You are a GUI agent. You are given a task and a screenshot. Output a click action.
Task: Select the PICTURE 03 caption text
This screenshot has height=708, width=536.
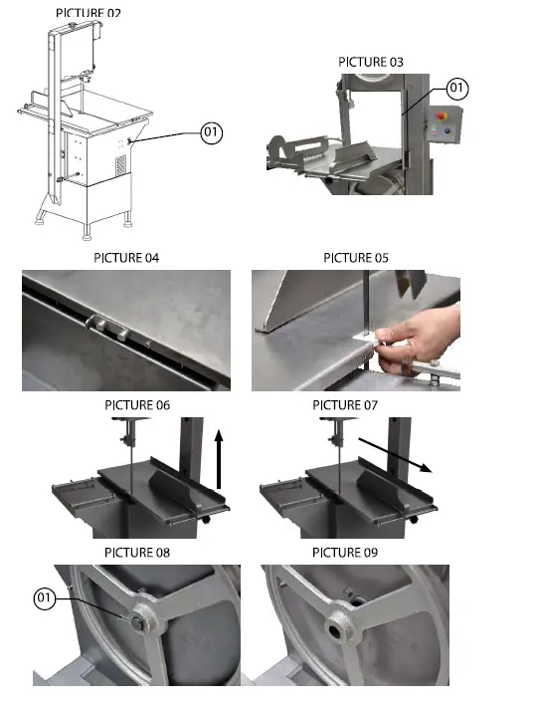click(x=371, y=62)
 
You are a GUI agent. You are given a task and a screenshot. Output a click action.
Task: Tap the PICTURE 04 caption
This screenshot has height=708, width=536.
click(x=125, y=258)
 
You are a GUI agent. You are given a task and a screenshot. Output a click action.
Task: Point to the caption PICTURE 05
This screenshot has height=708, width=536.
click(x=355, y=258)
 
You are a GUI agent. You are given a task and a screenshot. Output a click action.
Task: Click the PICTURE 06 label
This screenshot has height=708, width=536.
click(x=137, y=405)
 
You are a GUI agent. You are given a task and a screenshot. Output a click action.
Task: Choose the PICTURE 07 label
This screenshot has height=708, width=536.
click(x=345, y=405)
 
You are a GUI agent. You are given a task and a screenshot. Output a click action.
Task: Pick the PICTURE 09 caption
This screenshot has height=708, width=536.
click(x=345, y=552)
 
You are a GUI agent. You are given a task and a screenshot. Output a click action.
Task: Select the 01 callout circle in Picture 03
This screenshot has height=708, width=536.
click(x=455, y=89)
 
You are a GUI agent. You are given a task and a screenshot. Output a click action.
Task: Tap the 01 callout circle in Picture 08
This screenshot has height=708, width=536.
click(x=44, y=598)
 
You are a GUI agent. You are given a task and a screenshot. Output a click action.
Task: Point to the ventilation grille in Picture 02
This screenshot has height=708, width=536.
click(x=121, y=160)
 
